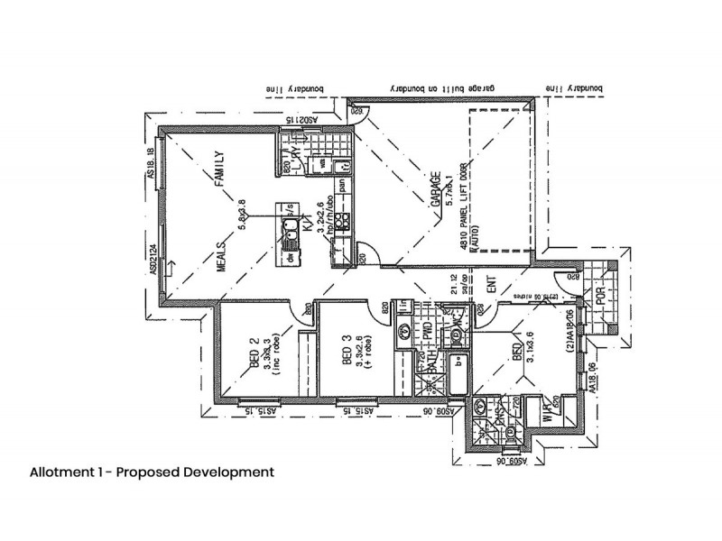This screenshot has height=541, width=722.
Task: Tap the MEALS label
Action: (x=221, y=262)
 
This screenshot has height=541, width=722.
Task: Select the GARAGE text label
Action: (x=435, y=191)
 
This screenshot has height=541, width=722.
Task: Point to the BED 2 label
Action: (x=255, y=354)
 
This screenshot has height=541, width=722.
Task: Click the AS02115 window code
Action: (x=297, y=118)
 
